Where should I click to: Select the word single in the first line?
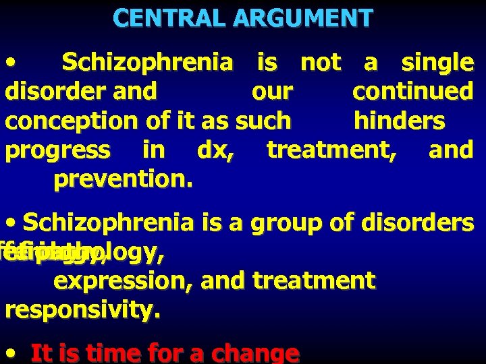tap(437, 63)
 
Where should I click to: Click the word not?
tap(321, 63)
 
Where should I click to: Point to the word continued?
tap(412, 91)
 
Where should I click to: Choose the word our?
tap(272, 91)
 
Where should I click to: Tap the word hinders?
tap(400, 121)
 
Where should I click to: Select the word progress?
tap(57, 150)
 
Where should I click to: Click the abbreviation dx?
tap(216, 150)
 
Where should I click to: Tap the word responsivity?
tap(82, 310)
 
